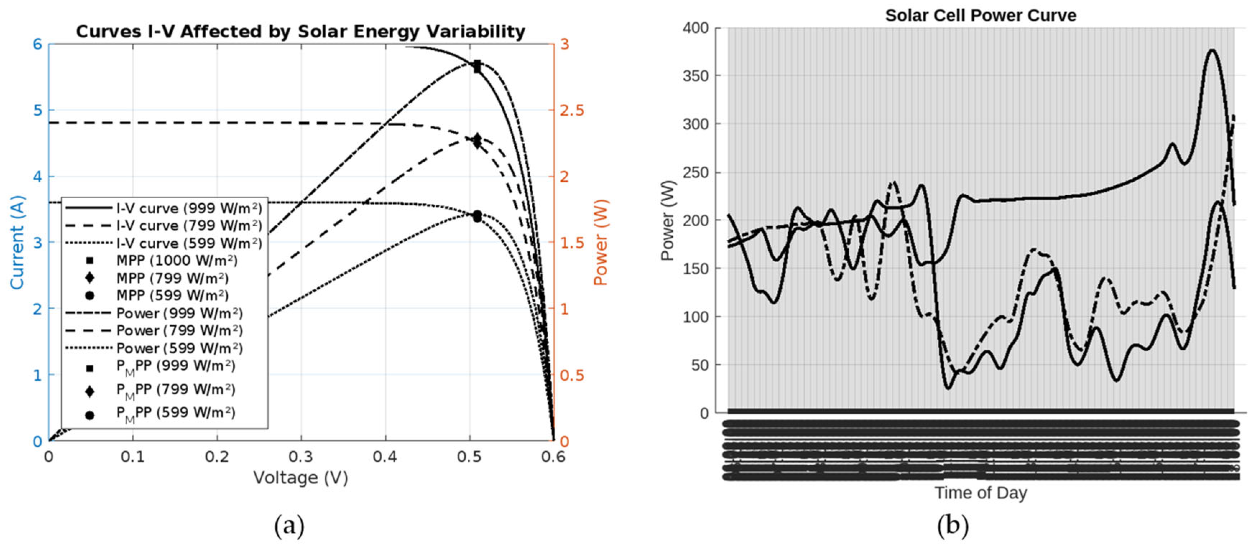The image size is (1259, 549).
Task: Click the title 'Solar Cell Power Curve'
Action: coord(981,16)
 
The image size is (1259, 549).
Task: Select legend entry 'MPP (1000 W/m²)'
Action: coord(176,260)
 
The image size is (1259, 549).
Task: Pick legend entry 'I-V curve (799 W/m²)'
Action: coord(189,225)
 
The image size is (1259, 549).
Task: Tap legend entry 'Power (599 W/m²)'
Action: coord(179,348)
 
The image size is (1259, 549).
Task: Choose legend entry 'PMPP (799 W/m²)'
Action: coord(175,390)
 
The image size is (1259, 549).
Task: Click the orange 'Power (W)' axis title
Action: coord(600,242)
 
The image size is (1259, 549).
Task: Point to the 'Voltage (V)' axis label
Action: coord(301,477)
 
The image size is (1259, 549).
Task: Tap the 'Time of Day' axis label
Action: coord(981,493)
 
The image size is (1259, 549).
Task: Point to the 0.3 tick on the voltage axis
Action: coord(301,457)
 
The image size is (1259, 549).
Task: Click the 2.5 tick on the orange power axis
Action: coord(572,110)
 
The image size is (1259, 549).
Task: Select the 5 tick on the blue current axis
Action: coord(38,110)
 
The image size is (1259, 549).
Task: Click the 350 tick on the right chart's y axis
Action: coord(696,76)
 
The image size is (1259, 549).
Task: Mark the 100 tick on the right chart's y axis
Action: coord(696,317)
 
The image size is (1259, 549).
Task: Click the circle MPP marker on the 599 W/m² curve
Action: coord(477,216)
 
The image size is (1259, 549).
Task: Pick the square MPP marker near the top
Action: coord(477,66)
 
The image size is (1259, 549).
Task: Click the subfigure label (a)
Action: coord(289,526)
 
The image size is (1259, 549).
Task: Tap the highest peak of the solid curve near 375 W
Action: coord(1212,50)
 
